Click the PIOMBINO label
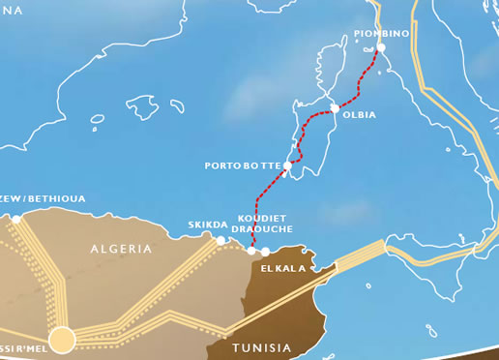click(382, 34)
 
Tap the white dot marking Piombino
click(381, 47)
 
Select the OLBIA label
click(359, 114)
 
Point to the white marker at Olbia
click(335, 108)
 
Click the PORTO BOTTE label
click(243, 165)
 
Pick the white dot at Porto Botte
click(287, 166)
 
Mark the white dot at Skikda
click(221, 240)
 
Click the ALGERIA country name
click(121, 249)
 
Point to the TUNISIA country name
click(261, 346)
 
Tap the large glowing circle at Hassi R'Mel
click(62, 339)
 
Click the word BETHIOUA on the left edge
click(56, 198)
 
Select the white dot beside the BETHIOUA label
click(16, 220)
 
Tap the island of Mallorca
click(147, 104)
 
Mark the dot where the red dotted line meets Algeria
click(251, 251)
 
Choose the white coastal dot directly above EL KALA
click(266, 252)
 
